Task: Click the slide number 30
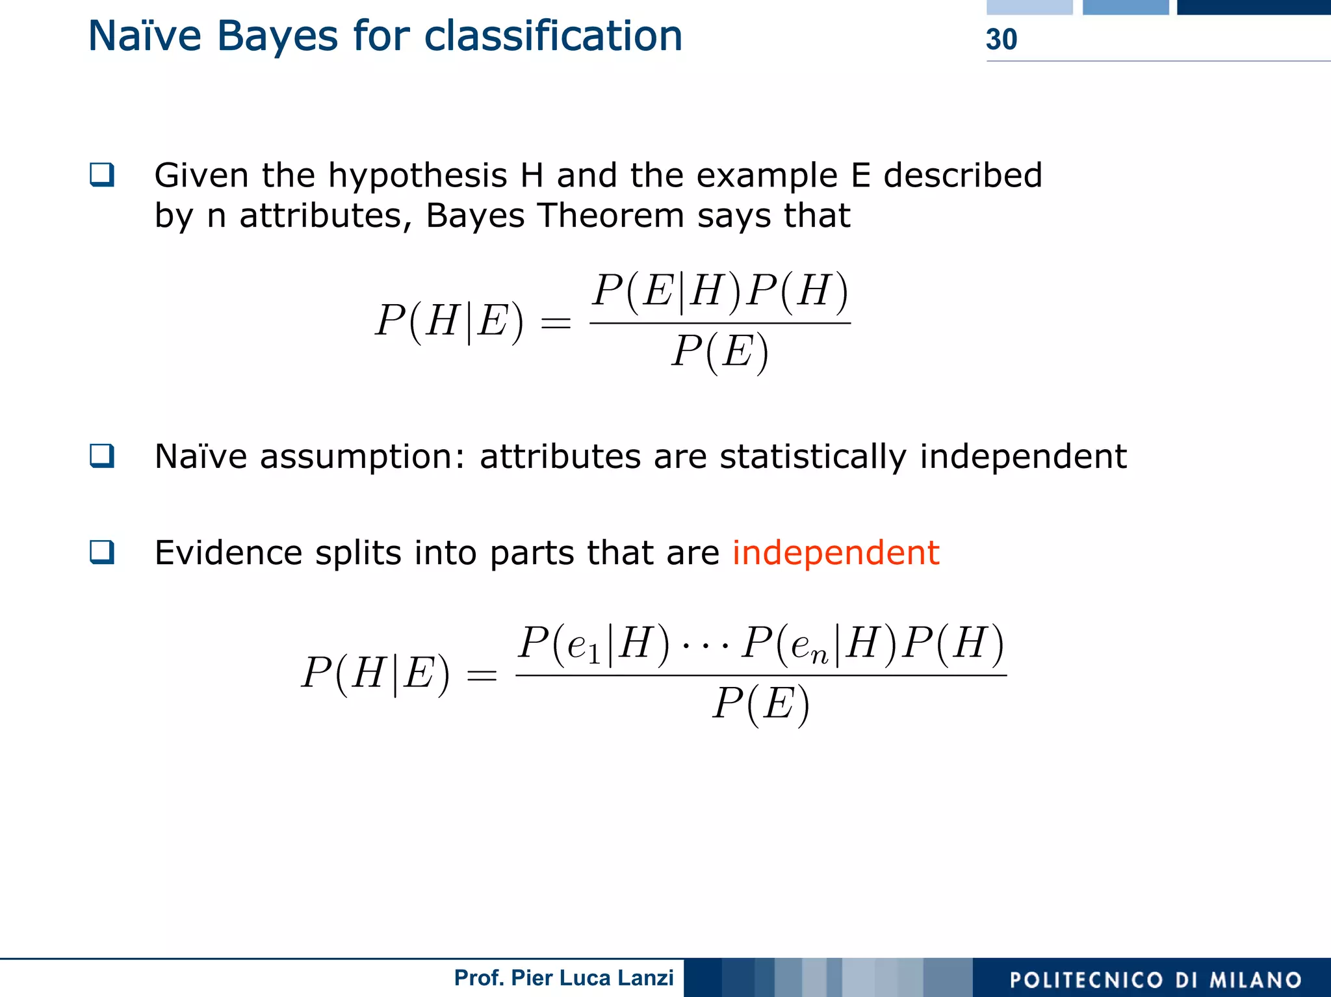click(1001, 40)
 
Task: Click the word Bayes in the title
click(277, 36)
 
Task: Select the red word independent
click(835, 553)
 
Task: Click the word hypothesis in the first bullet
click(417, 176)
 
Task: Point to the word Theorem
click(611, 216)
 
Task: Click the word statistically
click(812, 457)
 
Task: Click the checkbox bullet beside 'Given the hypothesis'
click(102, 175)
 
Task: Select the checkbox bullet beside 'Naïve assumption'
click(102, 456)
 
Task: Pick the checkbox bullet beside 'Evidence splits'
click(102, 552)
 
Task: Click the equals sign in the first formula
click(556, 323)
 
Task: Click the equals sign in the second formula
click(482, 675)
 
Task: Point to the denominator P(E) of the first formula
click(720, 352)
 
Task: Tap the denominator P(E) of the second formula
click(761, 704)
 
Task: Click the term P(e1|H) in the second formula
click(594, 644)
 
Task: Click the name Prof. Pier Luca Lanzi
click(563, 978)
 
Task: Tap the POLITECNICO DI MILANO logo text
click(1156, 979)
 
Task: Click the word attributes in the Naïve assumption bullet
click(560, 457)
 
